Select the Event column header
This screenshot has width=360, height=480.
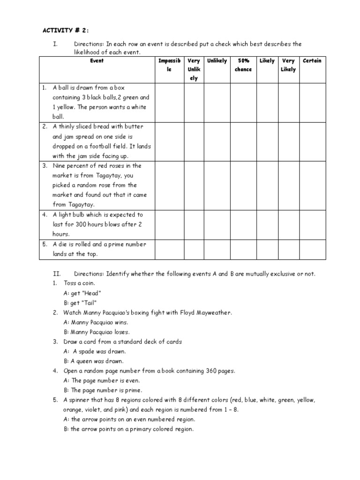97,61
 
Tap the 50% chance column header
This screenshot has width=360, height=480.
243,65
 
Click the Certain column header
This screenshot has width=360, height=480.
312,61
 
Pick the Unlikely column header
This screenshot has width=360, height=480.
217,61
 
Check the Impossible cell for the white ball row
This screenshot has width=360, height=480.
169,102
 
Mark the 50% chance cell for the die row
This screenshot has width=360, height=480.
243,249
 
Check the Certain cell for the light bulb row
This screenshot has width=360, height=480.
312,224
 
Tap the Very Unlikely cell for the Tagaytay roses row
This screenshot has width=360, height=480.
193,185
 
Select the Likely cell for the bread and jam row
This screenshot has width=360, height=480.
267,141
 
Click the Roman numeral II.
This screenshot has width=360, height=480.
56,274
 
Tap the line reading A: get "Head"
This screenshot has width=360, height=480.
82,293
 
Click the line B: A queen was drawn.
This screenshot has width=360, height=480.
93,361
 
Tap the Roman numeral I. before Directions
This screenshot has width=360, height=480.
55,44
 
